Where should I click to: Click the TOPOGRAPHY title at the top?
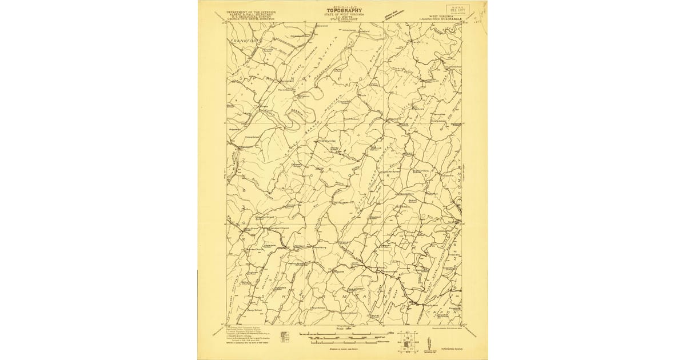coord(343,10)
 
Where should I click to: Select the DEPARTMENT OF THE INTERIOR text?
coord(251,11)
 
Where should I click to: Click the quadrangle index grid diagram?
coord(408,339)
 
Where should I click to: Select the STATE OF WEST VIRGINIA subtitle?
coord(343,14)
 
